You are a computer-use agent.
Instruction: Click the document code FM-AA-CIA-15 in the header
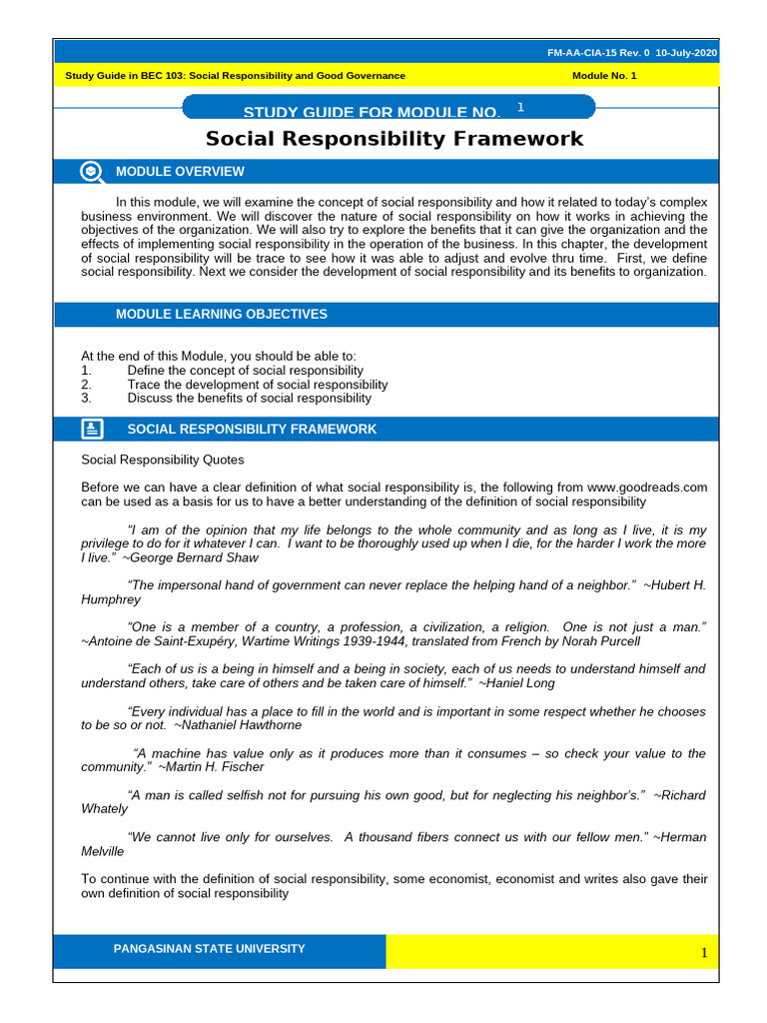click(x=596, y=53)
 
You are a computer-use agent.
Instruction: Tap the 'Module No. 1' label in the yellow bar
click(x=604, y=76)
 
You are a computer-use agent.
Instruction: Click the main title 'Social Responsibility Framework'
click(x=393, y=139)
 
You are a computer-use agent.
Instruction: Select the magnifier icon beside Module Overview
click(x=91, y=172)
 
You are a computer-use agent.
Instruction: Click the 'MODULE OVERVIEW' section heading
click(x=180, y=172)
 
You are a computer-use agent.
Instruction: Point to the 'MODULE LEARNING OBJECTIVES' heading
click(x=221, y=315)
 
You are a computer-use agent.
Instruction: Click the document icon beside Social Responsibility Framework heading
click(x=91, y=430)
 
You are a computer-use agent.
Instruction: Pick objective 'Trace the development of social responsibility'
click(x=257, y=385)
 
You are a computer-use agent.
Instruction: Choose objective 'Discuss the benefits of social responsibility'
click(x=249, y=398)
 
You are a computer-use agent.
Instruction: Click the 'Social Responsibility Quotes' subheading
click(x=162, y=461)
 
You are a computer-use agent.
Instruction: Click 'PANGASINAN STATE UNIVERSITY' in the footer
click(x=210, y=949)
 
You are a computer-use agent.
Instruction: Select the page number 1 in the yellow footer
click(x=703, y=953)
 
